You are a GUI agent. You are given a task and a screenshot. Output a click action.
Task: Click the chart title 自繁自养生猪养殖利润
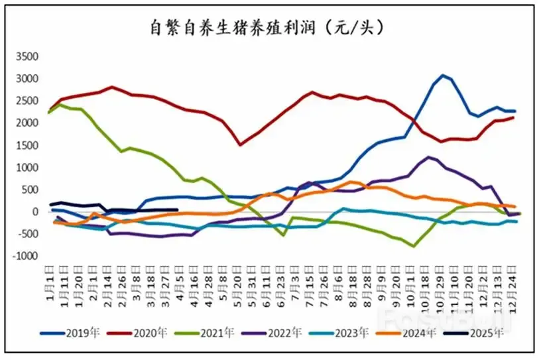(x=266, y=28)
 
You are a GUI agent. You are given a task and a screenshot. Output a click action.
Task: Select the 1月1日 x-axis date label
(x=52, y=282)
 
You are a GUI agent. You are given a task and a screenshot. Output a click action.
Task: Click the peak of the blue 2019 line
(x=443, y=76)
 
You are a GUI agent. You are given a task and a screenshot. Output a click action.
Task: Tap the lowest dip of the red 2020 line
(x=241, y=145)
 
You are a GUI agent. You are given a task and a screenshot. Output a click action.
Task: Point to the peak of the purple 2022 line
(x=430, y=157)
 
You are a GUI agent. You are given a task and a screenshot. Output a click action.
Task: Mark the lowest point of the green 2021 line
(x=414, y=247)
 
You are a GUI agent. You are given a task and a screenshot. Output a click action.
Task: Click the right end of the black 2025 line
(x=178, y=210)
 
